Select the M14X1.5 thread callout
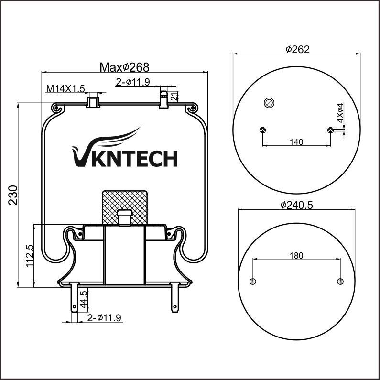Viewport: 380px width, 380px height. point(65,88)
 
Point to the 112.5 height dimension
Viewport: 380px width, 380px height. point(29,256)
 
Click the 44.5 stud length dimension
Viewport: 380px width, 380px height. point(83,299)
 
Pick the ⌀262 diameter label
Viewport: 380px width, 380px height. point(297,49)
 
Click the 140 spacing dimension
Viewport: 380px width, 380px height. point(296,141)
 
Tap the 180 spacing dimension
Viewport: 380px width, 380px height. point(296,256)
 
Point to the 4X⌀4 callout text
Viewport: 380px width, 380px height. point(340,113)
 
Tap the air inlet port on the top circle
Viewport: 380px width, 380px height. point(269,102)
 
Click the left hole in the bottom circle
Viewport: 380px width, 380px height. point(253,281)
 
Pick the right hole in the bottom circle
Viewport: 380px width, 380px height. point(340,281)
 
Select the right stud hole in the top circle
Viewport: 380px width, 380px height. point(330,130)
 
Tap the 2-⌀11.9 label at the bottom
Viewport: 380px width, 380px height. point(104,317)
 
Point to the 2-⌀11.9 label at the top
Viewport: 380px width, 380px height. point(133,82)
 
